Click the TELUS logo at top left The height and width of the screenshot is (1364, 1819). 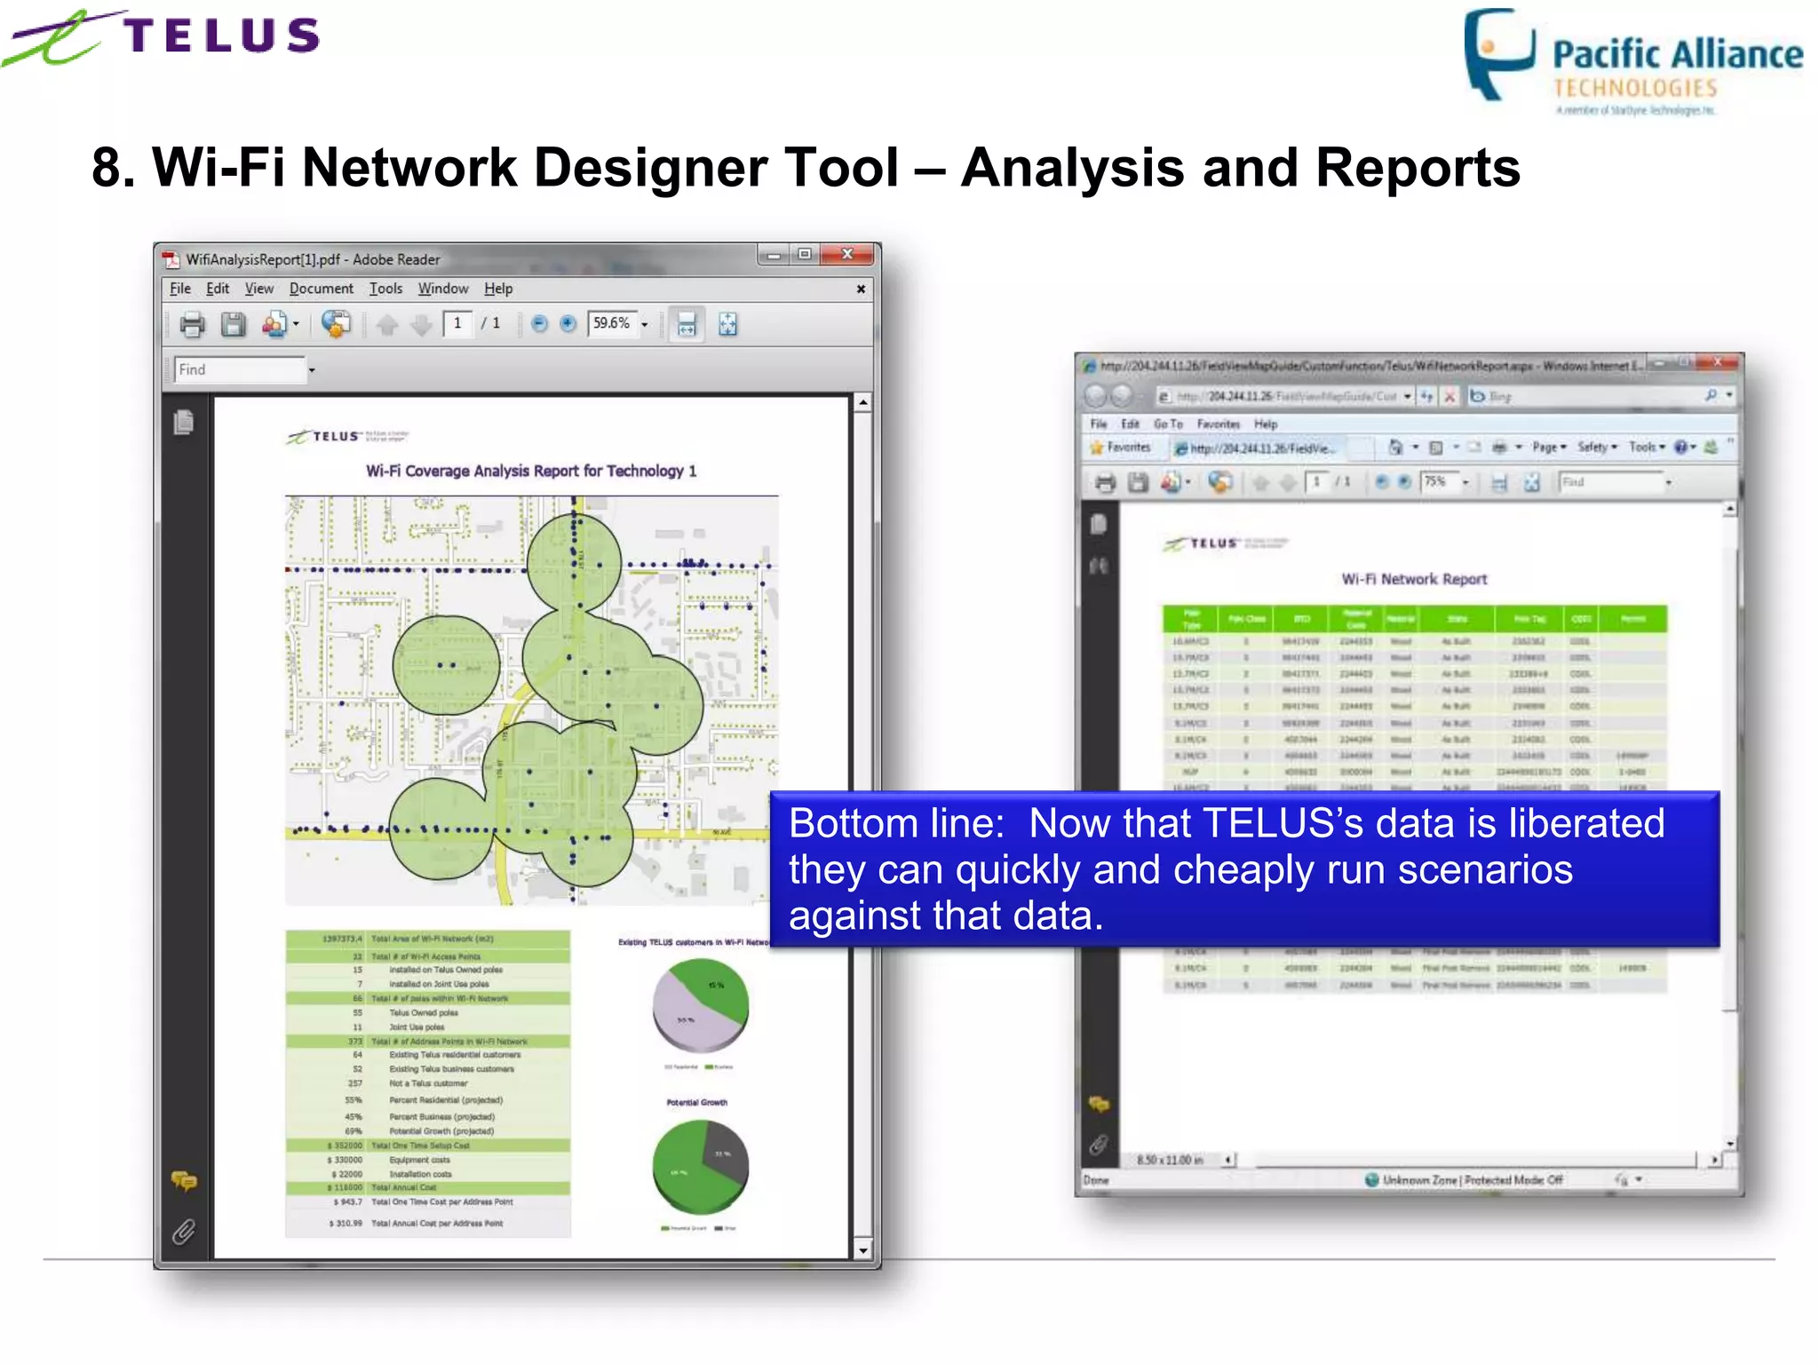tap(164, 37)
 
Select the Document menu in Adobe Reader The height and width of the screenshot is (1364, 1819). tap(321, 289)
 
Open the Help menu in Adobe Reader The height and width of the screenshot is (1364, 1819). tap(497, 289)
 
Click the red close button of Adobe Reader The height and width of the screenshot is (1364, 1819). tap(847, 255)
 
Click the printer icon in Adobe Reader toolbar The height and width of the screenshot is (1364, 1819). tap(192, 325)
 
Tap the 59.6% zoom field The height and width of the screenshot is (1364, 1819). tap(612, 324)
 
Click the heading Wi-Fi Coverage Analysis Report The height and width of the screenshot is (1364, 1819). tap(530, 471)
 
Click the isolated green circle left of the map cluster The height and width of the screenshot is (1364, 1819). tap(446, 665)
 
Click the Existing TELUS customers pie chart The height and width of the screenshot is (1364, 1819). tap(700, 1006)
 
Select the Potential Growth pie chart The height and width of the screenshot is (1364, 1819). tap(700, 1166)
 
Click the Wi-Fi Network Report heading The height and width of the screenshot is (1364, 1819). tap(1414, 579)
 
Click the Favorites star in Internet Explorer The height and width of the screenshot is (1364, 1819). tap(1098, 448)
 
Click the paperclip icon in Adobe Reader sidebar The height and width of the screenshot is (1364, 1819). tap(184, 1231)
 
